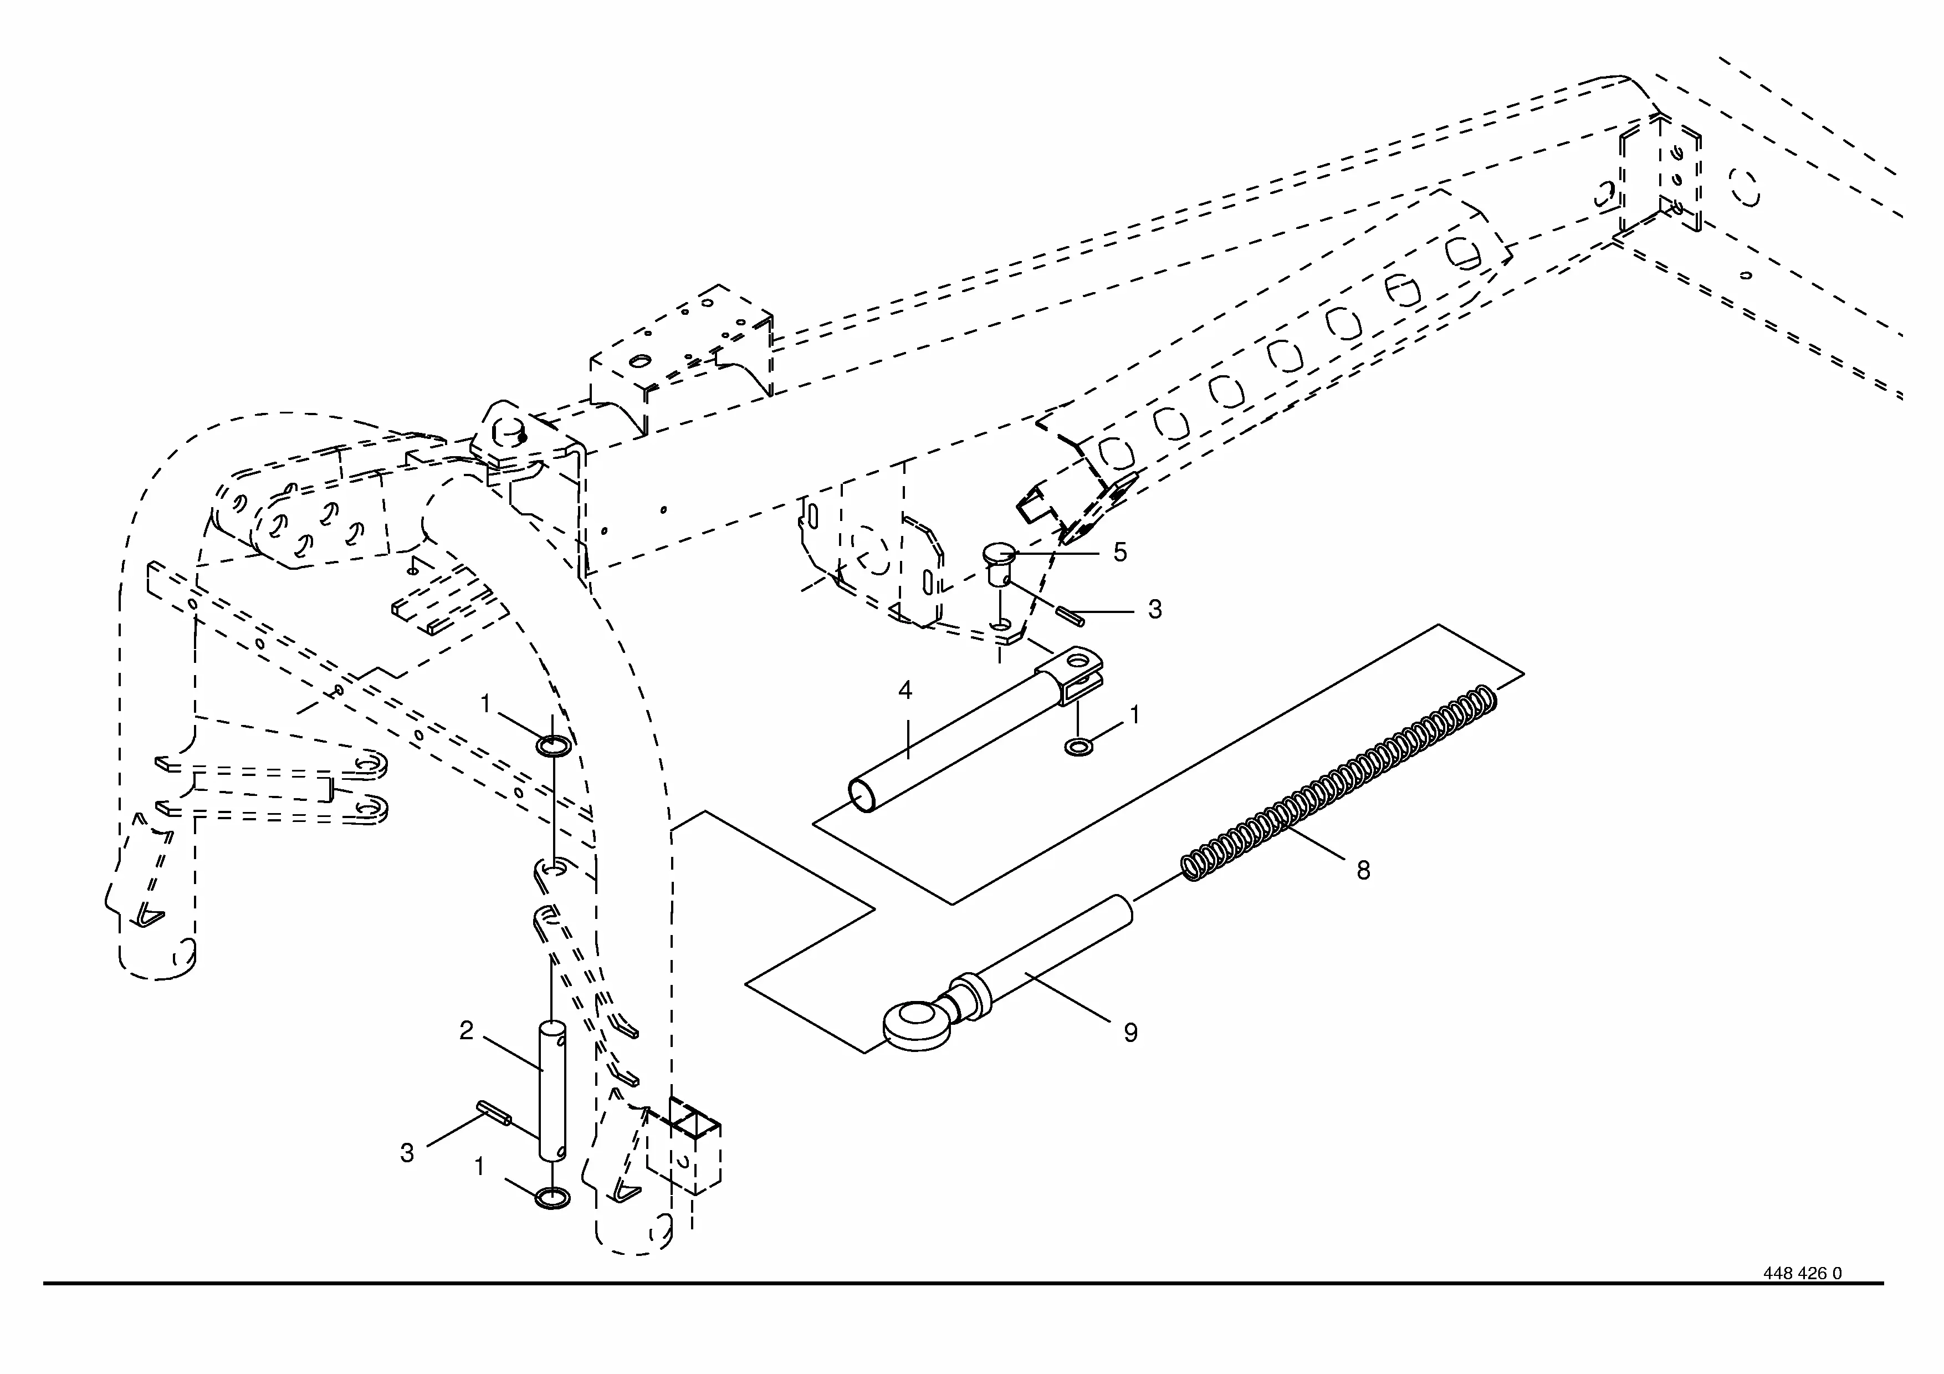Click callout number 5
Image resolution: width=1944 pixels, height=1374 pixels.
click(1119, 552)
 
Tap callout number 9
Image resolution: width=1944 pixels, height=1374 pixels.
click(1130, 1032)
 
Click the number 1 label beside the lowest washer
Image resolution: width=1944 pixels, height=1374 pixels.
click(479, 1167)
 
